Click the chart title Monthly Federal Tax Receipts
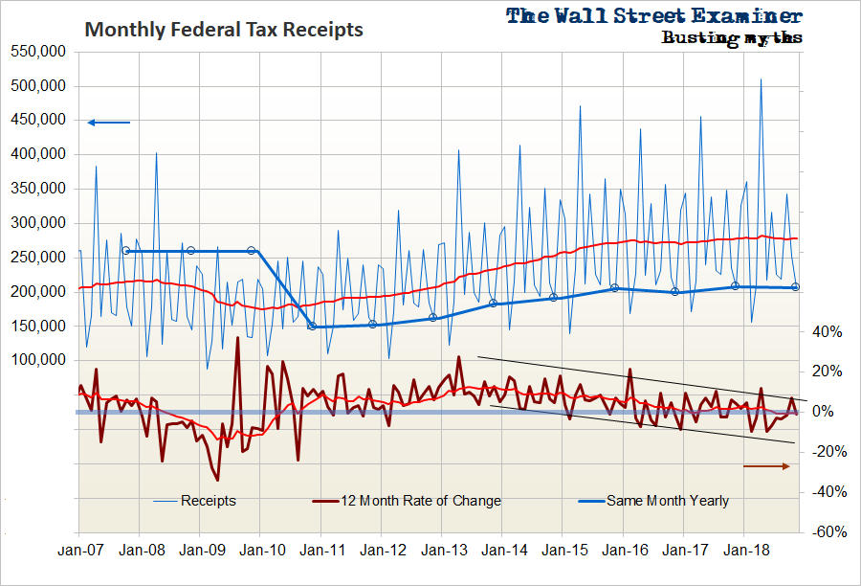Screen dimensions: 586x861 pyautogui.click(x=224, y=30)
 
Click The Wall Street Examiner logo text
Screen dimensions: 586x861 pyautogui.click(x=654, y=16)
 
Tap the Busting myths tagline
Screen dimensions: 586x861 pyautogui.click(x=731, y=38)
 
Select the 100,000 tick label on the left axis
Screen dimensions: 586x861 pyautogui.click(x=37, y=360)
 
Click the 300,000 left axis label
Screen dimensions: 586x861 pyautogui.click(x=37, y=223)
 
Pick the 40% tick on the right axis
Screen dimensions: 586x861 pyautogui.click(x=828, y=332)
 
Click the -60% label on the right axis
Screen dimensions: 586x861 pyautogui.click(x=828, y=531)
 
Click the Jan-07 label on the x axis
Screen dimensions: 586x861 pyautogui.click(x=78, y=551)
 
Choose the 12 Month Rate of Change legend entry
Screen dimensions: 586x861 pyautogui.click(x=420, y=501)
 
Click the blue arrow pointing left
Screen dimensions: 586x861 pyautogui.click(x=108, y=122)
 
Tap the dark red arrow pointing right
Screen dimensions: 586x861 pyautogui.click(x=766, y=466)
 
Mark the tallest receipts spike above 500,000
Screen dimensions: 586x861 pyautogui.click(x=761, y=79)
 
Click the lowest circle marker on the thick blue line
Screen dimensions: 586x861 pyautogui.click(x=312, y=327)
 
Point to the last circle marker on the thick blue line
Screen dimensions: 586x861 pyautogui.click(x=796, y=286)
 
